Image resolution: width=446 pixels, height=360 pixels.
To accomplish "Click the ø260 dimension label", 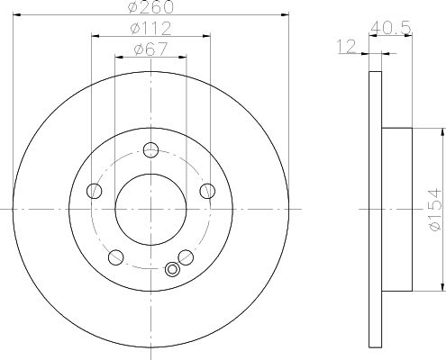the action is click(150, 6).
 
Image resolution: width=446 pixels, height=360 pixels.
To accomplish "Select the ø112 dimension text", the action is click(150, 29).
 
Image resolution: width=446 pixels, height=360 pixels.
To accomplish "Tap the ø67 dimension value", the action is click(150, 49).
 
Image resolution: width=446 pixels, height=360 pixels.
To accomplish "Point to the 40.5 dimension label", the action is click(390, 29).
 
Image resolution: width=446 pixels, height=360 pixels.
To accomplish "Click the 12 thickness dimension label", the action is click(347, 47).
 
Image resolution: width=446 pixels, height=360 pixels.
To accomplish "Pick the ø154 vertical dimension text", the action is click(435, 210).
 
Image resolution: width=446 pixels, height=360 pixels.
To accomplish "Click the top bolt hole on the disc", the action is click(150, 149).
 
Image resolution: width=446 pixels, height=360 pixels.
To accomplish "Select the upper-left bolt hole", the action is click(95, 191).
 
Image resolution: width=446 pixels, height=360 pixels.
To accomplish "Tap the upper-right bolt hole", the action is click(207, 191).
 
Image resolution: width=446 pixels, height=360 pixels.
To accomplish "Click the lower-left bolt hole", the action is click(116, 257).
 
